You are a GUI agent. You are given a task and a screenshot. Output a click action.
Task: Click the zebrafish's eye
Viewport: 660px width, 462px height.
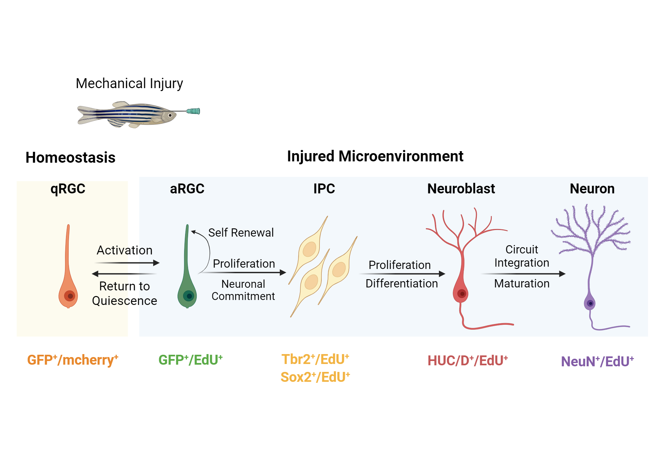(170, 115)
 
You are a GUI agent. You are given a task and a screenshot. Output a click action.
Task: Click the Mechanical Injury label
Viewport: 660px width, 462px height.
(129, 83)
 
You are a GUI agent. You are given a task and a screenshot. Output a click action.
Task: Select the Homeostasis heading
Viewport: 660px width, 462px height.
(70, 157)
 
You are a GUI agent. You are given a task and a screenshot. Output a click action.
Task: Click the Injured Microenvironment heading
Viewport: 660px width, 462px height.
(375, 156)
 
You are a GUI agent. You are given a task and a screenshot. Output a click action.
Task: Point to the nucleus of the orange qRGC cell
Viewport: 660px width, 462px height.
(70, 296)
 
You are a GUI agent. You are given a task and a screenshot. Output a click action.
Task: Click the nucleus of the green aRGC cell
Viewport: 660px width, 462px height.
(189, 296)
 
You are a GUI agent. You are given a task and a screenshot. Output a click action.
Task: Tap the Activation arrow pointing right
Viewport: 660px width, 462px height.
(127, 263)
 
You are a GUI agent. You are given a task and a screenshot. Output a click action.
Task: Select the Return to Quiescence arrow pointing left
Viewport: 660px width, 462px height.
(124, 274)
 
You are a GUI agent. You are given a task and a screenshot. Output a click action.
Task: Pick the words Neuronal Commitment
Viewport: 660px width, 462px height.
(243, 290)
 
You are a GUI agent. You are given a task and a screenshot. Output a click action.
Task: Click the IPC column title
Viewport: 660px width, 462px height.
(324, 189)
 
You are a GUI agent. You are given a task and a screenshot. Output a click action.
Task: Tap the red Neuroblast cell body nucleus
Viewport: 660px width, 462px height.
(462, 294)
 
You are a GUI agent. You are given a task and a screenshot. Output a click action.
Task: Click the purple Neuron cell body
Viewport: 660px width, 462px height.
(590, 303)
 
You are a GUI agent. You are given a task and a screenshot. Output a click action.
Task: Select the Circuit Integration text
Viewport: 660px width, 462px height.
(521, 256)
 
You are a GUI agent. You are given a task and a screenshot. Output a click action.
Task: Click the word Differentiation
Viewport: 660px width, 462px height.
(402, 283)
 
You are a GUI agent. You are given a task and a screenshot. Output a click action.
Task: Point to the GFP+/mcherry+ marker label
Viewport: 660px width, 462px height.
(73, 360)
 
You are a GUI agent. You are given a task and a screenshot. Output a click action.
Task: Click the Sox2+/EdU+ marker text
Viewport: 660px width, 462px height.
(315, 377)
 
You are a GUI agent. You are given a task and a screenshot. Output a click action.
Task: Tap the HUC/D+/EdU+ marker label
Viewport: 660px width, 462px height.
(467, 361)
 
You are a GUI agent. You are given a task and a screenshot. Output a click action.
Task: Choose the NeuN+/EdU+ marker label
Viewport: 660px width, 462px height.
(597, 361)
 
